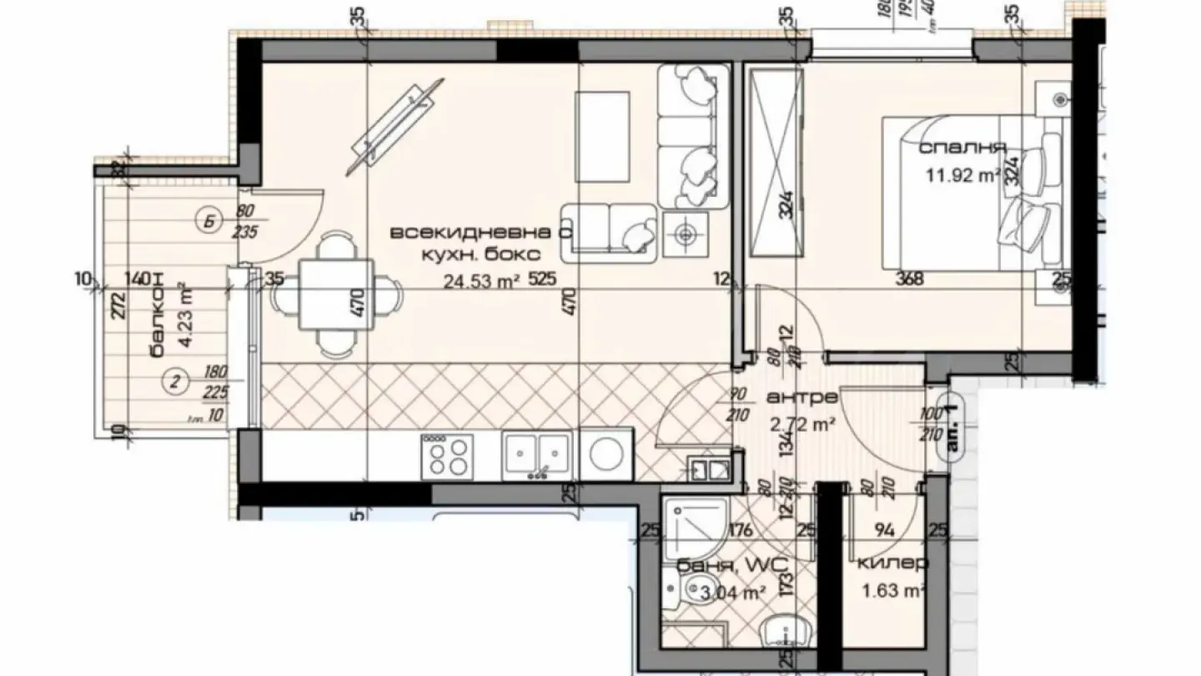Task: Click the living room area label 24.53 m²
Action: click(x=481, y=281)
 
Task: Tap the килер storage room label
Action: click(x=892, y=563)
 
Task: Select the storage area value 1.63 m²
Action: click(x=892, y=592)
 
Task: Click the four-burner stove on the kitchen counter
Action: click(x=447, y=457)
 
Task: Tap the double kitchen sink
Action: click(x=536, y=456)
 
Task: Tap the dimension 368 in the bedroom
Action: click(x=908, y=280)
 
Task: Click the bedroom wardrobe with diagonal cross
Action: click(x=776, y=164)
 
